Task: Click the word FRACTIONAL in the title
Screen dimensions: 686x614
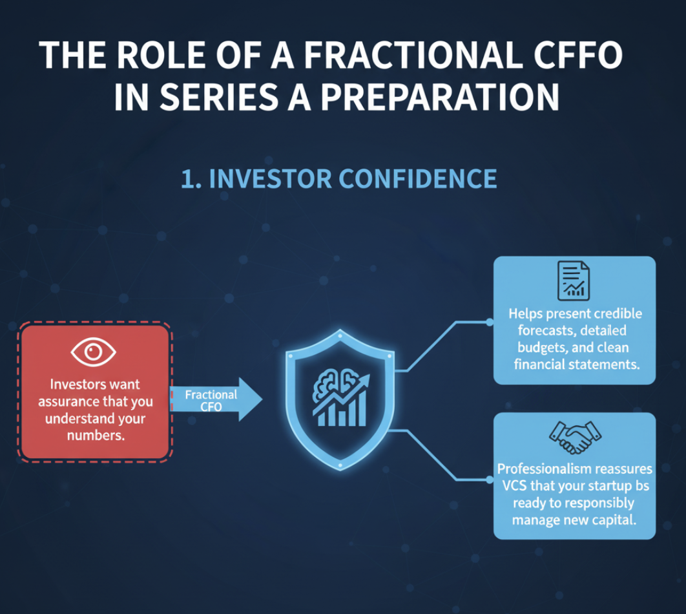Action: tap(413, 55)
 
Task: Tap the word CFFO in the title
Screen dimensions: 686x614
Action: tap(577, 55)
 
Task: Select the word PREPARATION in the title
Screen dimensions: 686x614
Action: tap(440, 97)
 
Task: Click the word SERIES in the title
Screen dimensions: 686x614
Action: tap(219, 97)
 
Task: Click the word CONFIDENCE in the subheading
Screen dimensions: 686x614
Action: tap(418, 178)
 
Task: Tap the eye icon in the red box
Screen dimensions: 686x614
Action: tap(93, 352)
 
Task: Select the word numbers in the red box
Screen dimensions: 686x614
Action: tap(96, 436)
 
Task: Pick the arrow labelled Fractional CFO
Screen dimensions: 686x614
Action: tap(216, 399)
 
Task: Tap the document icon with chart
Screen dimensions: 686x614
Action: tap(574, 281)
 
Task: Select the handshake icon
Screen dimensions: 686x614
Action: tap(575, 437)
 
